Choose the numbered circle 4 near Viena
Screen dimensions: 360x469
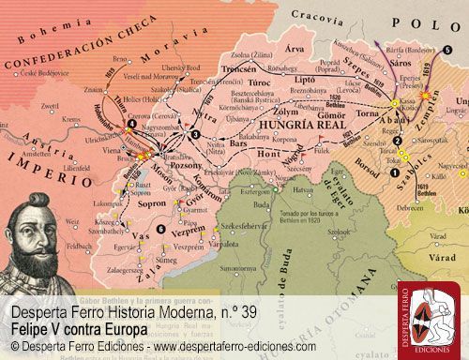(x=132, y=124)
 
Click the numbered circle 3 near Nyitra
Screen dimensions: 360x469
(x=194, y=134)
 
